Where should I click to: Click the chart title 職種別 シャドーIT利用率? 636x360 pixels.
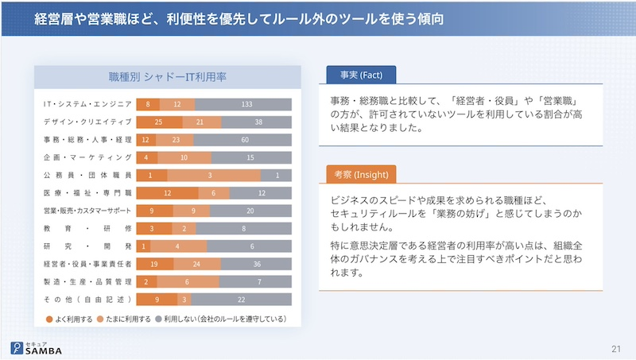tap(167, 77)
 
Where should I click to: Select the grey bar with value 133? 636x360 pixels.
tap(246, 105)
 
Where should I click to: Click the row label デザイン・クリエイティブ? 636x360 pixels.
tap(87, 122)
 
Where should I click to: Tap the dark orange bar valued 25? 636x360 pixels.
tap(159, 122)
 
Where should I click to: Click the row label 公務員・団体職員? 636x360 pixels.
tap(87, 176)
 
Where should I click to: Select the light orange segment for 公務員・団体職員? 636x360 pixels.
tap(213, 176)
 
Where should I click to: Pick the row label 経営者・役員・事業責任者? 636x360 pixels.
tap(87, 264)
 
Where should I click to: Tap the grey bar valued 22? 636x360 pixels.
tap(241, 299)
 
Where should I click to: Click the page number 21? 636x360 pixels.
tap(616, 348)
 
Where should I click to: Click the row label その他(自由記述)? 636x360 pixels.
tap(87, 299)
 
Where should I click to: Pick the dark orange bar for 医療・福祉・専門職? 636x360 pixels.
tap(167, 193)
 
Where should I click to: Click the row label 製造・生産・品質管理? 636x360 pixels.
tap(87, 281)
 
